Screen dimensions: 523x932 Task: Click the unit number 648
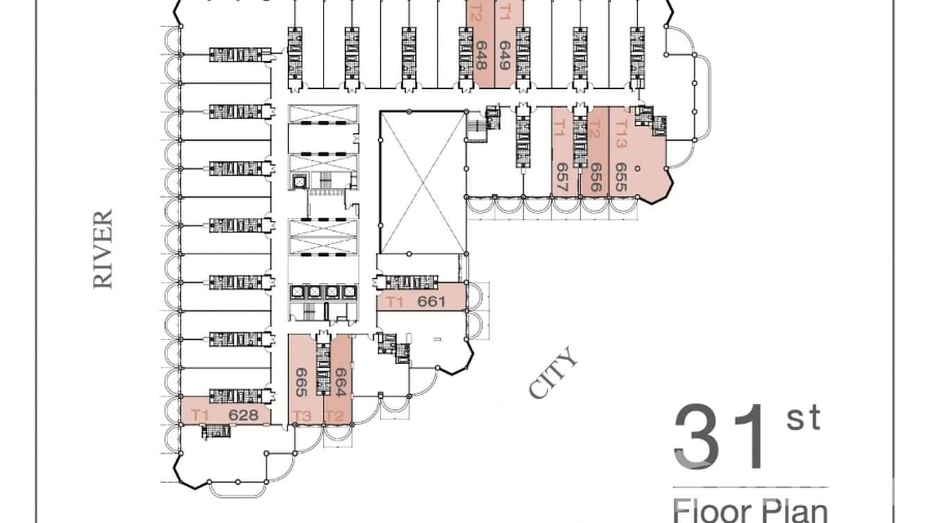480,55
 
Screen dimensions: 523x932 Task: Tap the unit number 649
504,56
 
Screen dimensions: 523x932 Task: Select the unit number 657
562,178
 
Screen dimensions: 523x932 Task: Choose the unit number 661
431,302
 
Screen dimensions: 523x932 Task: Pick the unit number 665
301,381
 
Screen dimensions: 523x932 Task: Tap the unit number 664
340,381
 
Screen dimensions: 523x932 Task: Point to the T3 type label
302,416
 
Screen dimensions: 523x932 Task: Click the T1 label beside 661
395,302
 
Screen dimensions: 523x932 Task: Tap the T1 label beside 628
200,415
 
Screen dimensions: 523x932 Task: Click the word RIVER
103,249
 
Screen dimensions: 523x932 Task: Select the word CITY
554,373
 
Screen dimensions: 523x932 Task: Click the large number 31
722,438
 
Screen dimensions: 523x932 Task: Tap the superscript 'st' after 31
804,419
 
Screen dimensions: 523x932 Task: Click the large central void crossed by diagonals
422,182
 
